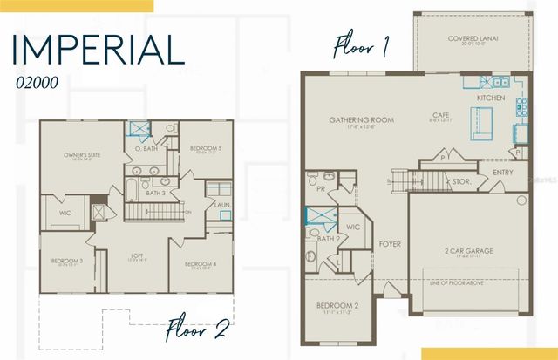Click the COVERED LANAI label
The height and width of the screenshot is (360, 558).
coord(473,38)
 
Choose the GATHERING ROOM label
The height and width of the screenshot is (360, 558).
coord(361,119)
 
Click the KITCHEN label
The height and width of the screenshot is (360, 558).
coord(490,99)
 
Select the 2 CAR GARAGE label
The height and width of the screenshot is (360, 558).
coord(468,250)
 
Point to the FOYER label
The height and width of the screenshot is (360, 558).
coord(390,244)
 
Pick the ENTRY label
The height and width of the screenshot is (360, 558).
coord(502,173)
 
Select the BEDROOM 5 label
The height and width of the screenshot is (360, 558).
coord(206,149)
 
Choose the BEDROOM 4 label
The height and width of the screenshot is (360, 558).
coord(201,263)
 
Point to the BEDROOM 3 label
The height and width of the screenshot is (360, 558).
coord(66,262)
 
